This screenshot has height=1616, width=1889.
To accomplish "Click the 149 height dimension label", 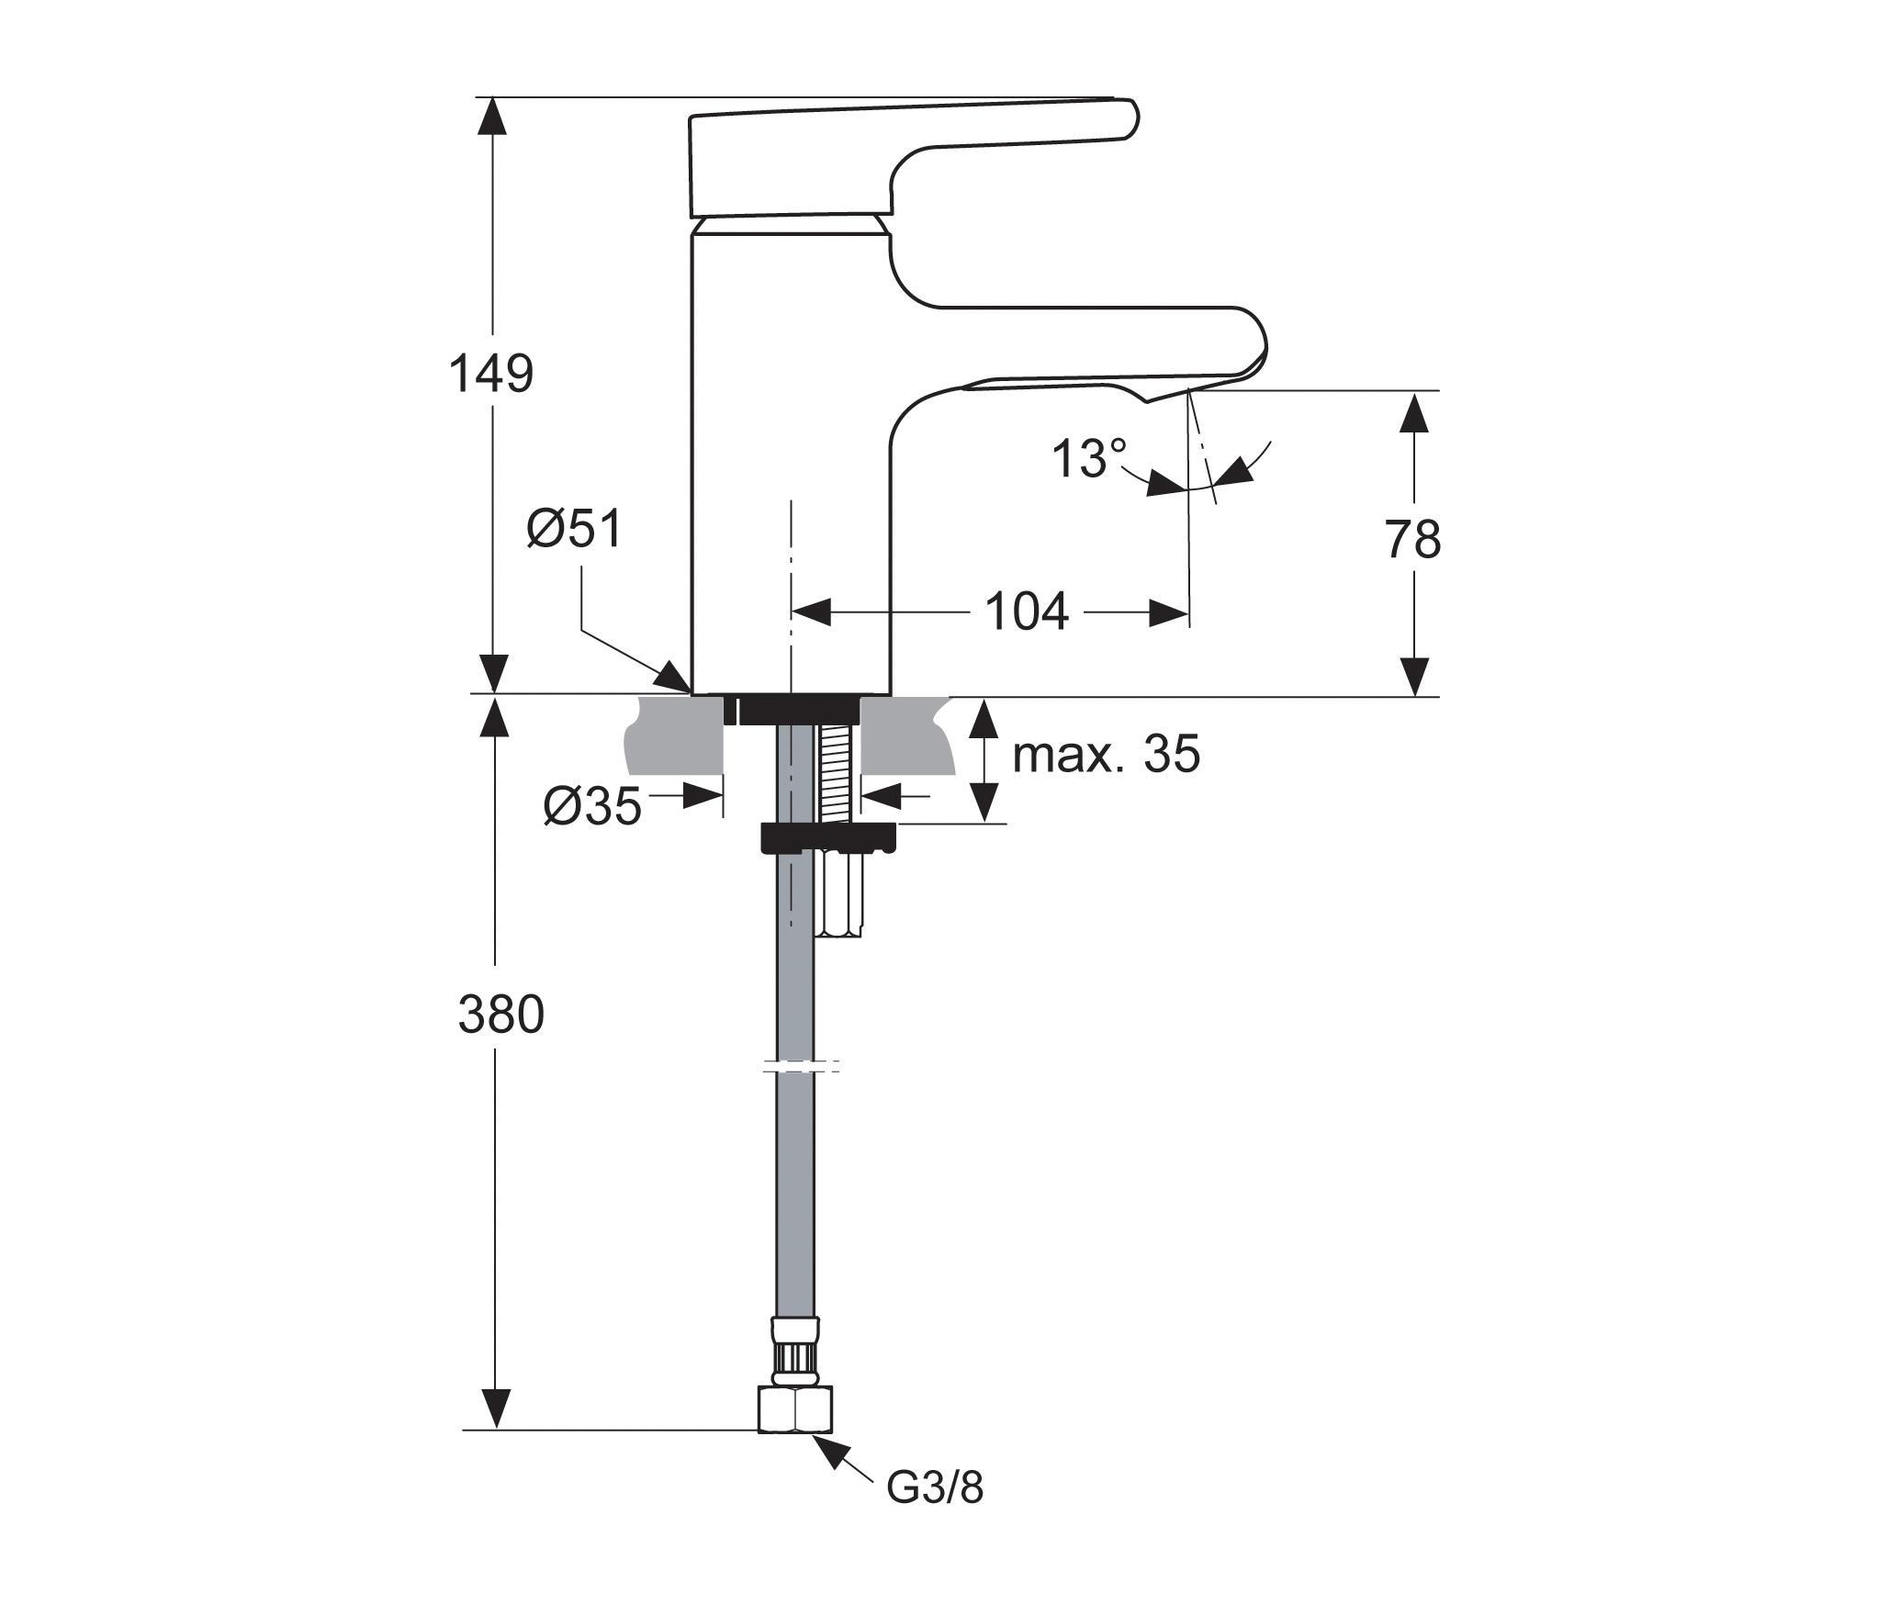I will click(491, 375).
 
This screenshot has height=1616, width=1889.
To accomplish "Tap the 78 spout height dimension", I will click(1412, 540).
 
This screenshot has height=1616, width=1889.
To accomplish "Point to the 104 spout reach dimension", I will click(1027, 612).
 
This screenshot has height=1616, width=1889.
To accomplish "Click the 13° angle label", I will click(1089, 459).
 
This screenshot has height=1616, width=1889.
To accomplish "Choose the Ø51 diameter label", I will click(574, 530).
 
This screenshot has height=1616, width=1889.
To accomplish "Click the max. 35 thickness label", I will click(1106, 754).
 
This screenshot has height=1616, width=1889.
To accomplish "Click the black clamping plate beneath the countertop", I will click(827, 838).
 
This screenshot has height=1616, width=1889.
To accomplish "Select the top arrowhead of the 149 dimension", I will click(494, 116).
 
